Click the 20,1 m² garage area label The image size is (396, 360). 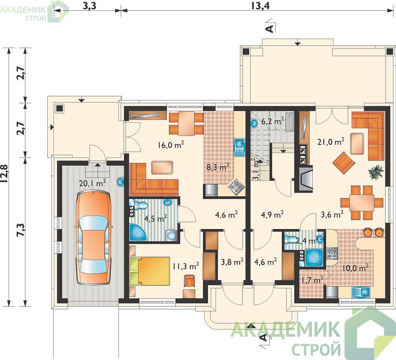92,183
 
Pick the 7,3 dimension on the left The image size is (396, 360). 20,230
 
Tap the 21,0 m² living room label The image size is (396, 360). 331,142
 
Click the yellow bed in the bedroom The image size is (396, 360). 150,271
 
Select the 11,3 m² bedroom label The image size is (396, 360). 186,266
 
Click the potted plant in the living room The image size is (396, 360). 376,172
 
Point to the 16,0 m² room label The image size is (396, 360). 171,145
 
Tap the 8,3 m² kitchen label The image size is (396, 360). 218,167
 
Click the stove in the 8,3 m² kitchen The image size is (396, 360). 236,187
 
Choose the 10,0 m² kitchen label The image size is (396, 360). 355,268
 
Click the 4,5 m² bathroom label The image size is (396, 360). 155,218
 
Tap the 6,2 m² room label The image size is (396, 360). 273,121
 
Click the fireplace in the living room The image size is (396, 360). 305,178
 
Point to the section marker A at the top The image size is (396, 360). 270,28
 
